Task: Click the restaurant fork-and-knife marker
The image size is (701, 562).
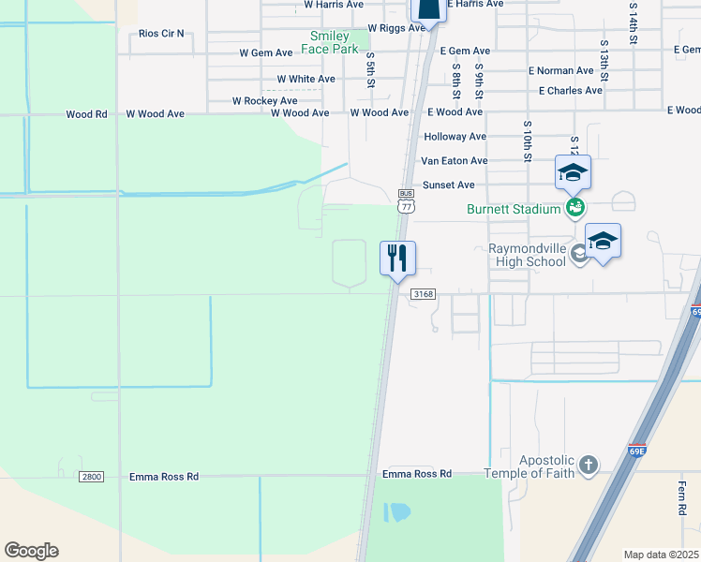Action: tap(397, 258)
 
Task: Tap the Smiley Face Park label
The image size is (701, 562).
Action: tap(334, 42)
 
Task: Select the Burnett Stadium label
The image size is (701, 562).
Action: tap(514, 209)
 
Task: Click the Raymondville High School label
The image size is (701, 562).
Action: tap(529, 255)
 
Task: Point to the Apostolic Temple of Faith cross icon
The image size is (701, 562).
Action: tap(588, 465)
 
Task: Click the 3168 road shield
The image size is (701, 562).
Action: tap(423, 294)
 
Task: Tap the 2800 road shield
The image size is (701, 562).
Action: tap(91, 477)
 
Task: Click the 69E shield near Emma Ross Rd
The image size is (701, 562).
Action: tap(636, 451)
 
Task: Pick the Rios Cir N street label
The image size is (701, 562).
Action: tap(161, 33)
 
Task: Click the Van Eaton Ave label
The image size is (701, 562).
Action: tap(455, 161)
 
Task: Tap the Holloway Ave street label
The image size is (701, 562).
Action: tap(455, 137)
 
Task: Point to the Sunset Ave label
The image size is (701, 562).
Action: tap(449, 185)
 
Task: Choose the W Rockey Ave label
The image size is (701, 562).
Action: tap(264, 100)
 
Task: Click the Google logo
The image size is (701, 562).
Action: tap(31, 551)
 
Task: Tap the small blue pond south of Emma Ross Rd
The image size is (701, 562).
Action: tap(397, 512)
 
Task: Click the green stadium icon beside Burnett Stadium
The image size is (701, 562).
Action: tap(574, 208)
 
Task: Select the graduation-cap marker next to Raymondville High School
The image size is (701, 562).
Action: tap(603, 241)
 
